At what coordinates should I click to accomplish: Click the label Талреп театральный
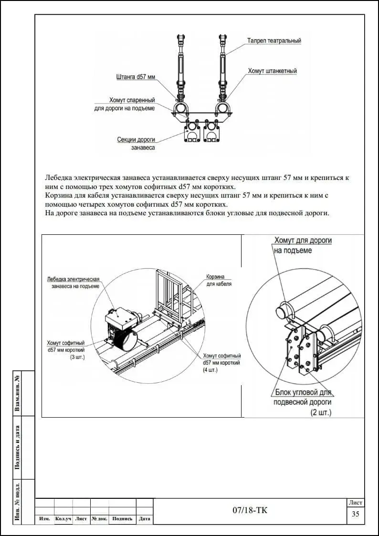[x=274, y=41]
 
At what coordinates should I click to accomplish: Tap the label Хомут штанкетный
[x=272, y=71]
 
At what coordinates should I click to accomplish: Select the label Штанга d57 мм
[x=136, y=76]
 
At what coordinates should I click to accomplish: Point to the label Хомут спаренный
[x=132, y=100]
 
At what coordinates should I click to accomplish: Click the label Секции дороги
[x=136, y=140]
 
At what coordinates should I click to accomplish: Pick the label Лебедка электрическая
[x=73, y=279]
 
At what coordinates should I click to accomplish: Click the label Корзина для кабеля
[x=219, y=277]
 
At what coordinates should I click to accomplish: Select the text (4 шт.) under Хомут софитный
[x=210, y=369]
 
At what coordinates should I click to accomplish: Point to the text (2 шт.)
[x=321, y=412]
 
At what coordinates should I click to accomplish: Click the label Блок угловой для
[x=303, y=393]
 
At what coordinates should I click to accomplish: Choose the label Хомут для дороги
[x=303, y=241]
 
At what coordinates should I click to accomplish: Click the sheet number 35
[x=355, y=514]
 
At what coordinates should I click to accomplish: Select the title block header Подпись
[x=123, y=519]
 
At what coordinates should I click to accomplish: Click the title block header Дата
[x=144, y=519]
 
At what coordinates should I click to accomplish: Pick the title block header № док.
[x=99, y=519]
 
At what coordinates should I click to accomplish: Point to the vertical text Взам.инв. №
[x=18, y=393]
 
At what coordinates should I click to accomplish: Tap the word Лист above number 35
[x=356, y=503]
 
